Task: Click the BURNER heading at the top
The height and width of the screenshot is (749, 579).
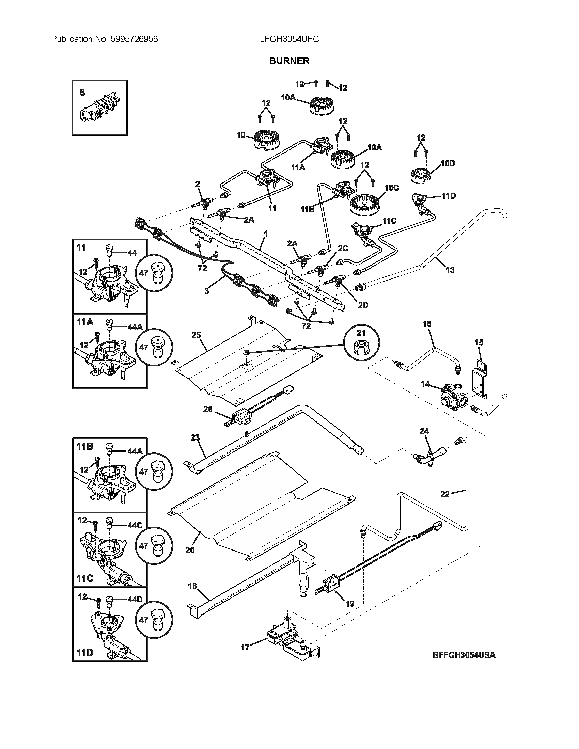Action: pos(289,61)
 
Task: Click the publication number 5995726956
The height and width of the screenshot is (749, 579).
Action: pos(134,39)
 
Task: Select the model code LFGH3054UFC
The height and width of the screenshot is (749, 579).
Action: pos(289,39)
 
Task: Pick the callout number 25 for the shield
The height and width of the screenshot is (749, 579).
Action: pos(196,335)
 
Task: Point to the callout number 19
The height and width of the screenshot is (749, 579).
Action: pos(349,603)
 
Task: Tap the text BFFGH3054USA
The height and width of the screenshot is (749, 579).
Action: pos(464,655)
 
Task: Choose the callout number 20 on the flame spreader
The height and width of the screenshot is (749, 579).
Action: pos(190,550)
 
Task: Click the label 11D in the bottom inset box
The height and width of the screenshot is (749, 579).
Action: pos(85,652)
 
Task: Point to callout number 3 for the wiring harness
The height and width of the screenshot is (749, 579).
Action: pos(206,291)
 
